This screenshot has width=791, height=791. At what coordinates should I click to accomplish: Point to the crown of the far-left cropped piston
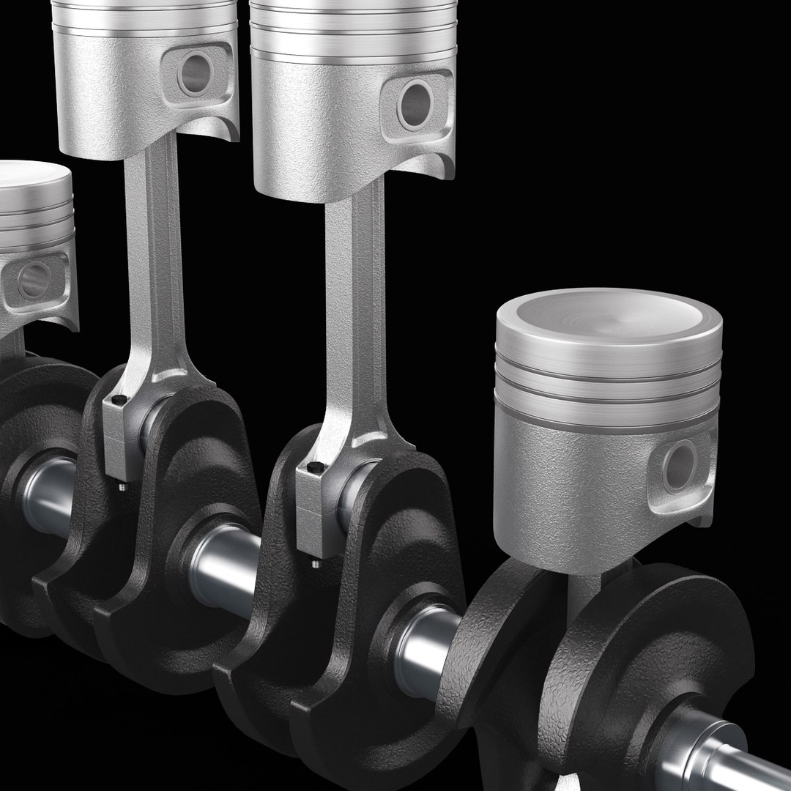coord(29,179)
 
